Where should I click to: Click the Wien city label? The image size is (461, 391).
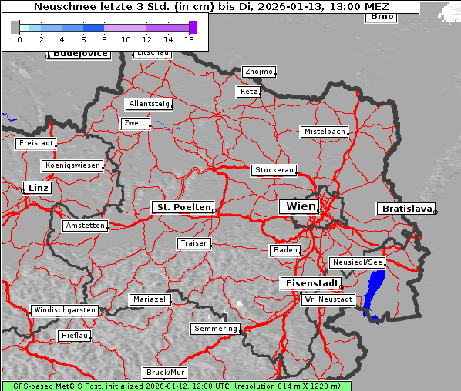[x=301, y=206]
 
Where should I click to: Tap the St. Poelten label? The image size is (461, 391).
[x=183, y=207]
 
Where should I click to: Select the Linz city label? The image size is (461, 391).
[x=37, y=188]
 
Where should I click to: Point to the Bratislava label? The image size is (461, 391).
[x=405, y=209]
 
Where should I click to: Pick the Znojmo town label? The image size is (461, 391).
[x=259, y=72]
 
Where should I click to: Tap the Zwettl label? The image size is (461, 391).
[x=135, y=123]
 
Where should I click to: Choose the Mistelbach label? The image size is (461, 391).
[x=324, y=132]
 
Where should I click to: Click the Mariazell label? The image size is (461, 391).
[x=150, y=299]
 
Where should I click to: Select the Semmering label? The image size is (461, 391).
[x=216, y=329]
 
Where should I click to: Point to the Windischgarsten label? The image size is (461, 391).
[x=65, y=310]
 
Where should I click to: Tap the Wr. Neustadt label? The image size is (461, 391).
[x=328, y=299]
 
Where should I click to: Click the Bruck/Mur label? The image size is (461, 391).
[x=166, y=373]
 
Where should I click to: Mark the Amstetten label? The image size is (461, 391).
[x=85, y=226]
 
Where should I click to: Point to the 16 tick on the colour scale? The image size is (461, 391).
[x=190, y=39]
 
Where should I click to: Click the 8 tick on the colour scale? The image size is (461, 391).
[x=104, y=39]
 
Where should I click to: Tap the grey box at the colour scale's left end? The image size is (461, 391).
[x=15, y=27]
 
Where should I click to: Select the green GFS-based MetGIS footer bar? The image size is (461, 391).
[x=176, y=386]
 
